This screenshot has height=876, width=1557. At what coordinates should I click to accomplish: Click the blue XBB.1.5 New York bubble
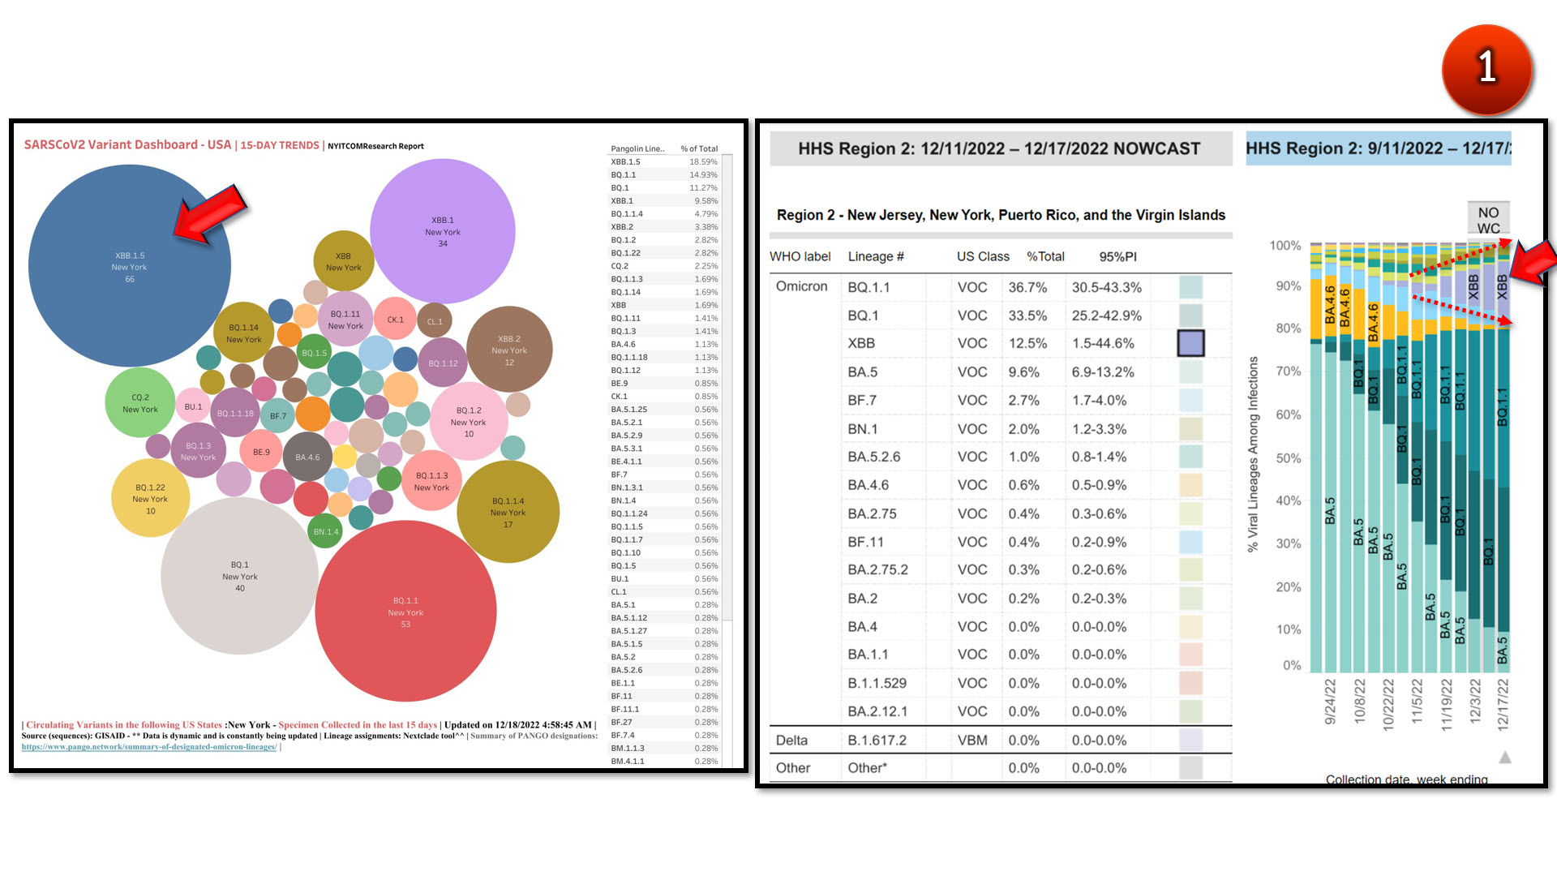click(x=129, y=266)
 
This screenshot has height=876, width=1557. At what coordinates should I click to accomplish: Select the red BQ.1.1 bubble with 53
click(x=405, y=612)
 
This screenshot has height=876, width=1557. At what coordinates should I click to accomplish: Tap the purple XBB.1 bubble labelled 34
click(x=442, y=231)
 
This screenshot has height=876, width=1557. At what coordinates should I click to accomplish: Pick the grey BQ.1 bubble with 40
click(x=239, y=576)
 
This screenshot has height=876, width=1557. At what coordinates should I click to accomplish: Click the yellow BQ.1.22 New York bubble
click(x=151, y=498)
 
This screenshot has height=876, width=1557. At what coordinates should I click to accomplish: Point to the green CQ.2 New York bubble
click(x=139, y=402)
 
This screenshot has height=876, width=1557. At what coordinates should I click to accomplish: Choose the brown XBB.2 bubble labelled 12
click(x=509, y=350)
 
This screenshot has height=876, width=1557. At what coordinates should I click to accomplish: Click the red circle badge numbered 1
click(x=1486, y=68)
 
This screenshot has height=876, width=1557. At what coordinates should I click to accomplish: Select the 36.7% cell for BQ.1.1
click(x=1027, y=287)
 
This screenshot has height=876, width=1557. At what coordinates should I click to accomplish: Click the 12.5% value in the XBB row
click(x=1027, y=343)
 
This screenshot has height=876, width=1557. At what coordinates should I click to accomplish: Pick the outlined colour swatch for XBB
click(x=1190, y=343)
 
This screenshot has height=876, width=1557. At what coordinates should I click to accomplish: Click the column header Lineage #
click(x=876, y=256)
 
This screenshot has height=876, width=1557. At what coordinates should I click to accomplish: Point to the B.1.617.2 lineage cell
click(x=877, y=740)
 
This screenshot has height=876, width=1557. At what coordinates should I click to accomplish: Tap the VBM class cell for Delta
click(x=972, y=740)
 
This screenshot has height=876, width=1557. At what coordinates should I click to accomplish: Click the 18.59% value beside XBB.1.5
click(x=703, y=161)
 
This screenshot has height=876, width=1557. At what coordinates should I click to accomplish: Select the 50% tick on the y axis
click(x=1288, y=458)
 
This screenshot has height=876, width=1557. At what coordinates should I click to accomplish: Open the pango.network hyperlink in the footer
click(x=149, y=747)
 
